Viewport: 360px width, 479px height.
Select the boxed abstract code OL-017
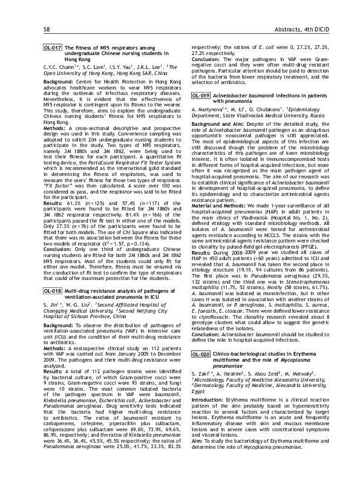click(x=53, y=47)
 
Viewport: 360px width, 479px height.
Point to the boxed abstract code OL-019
click(x=200, y=96)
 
